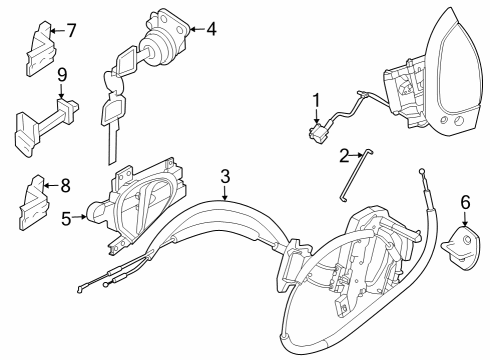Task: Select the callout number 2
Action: click(344, 155)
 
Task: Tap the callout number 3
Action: click(226, 176)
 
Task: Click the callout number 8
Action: click(67, 184)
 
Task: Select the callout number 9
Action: click(62, 75)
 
